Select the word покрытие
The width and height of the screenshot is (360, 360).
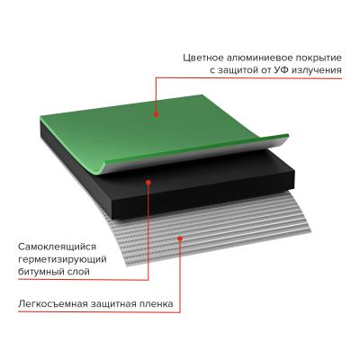[319, 58]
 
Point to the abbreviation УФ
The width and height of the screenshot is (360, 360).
[281, 70]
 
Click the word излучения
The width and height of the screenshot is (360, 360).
[317, 70]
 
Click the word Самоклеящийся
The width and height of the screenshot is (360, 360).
[57, 247]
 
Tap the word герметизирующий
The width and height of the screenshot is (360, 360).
[62, 259]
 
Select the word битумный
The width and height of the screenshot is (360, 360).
[40, 272]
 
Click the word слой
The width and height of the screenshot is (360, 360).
[78, 272]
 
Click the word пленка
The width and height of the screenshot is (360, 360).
[157, 304]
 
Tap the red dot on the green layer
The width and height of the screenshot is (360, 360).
[156, 114]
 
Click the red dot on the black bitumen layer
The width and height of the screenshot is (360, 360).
[148, 182]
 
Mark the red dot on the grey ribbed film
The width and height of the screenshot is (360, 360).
[180, 238]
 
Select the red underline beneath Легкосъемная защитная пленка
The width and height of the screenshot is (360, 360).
[99, 311]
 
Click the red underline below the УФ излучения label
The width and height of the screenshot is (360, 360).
[248, 78]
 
